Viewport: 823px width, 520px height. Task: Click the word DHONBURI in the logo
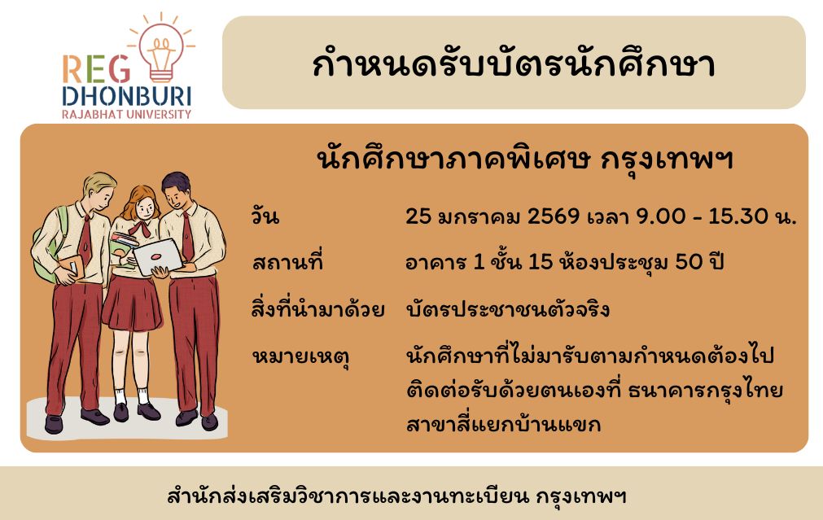[x=127, y=97]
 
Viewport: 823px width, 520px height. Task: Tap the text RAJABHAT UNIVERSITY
[x=126, y=114]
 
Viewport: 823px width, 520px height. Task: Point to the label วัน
[x=265, y=216]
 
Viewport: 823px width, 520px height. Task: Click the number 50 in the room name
[x=689, y=261]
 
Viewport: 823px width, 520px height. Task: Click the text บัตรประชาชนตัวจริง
[x=507, y=308]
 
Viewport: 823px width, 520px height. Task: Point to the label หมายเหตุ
[x=300, y=356]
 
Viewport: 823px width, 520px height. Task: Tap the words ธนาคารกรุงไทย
[x=706, y=391]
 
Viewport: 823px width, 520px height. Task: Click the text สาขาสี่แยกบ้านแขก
[x=503, y=423]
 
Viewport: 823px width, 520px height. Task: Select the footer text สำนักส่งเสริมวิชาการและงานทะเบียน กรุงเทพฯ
[x=396, y=496]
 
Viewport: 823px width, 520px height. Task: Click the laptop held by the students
[x=158, y=257]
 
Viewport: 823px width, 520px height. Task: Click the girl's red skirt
[x=132, y=304]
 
